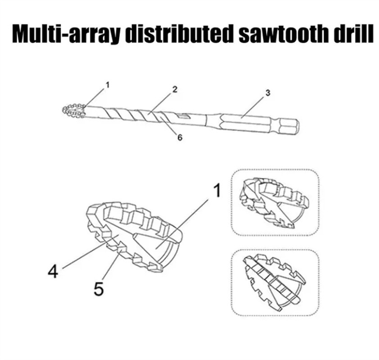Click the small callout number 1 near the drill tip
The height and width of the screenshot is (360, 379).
pyautogui.click(x=107, y=84)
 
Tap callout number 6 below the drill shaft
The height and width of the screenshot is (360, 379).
pyautogui.click(x=180, y=138)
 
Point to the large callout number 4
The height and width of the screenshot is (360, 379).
pyautogui.click(x=53, y=272)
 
